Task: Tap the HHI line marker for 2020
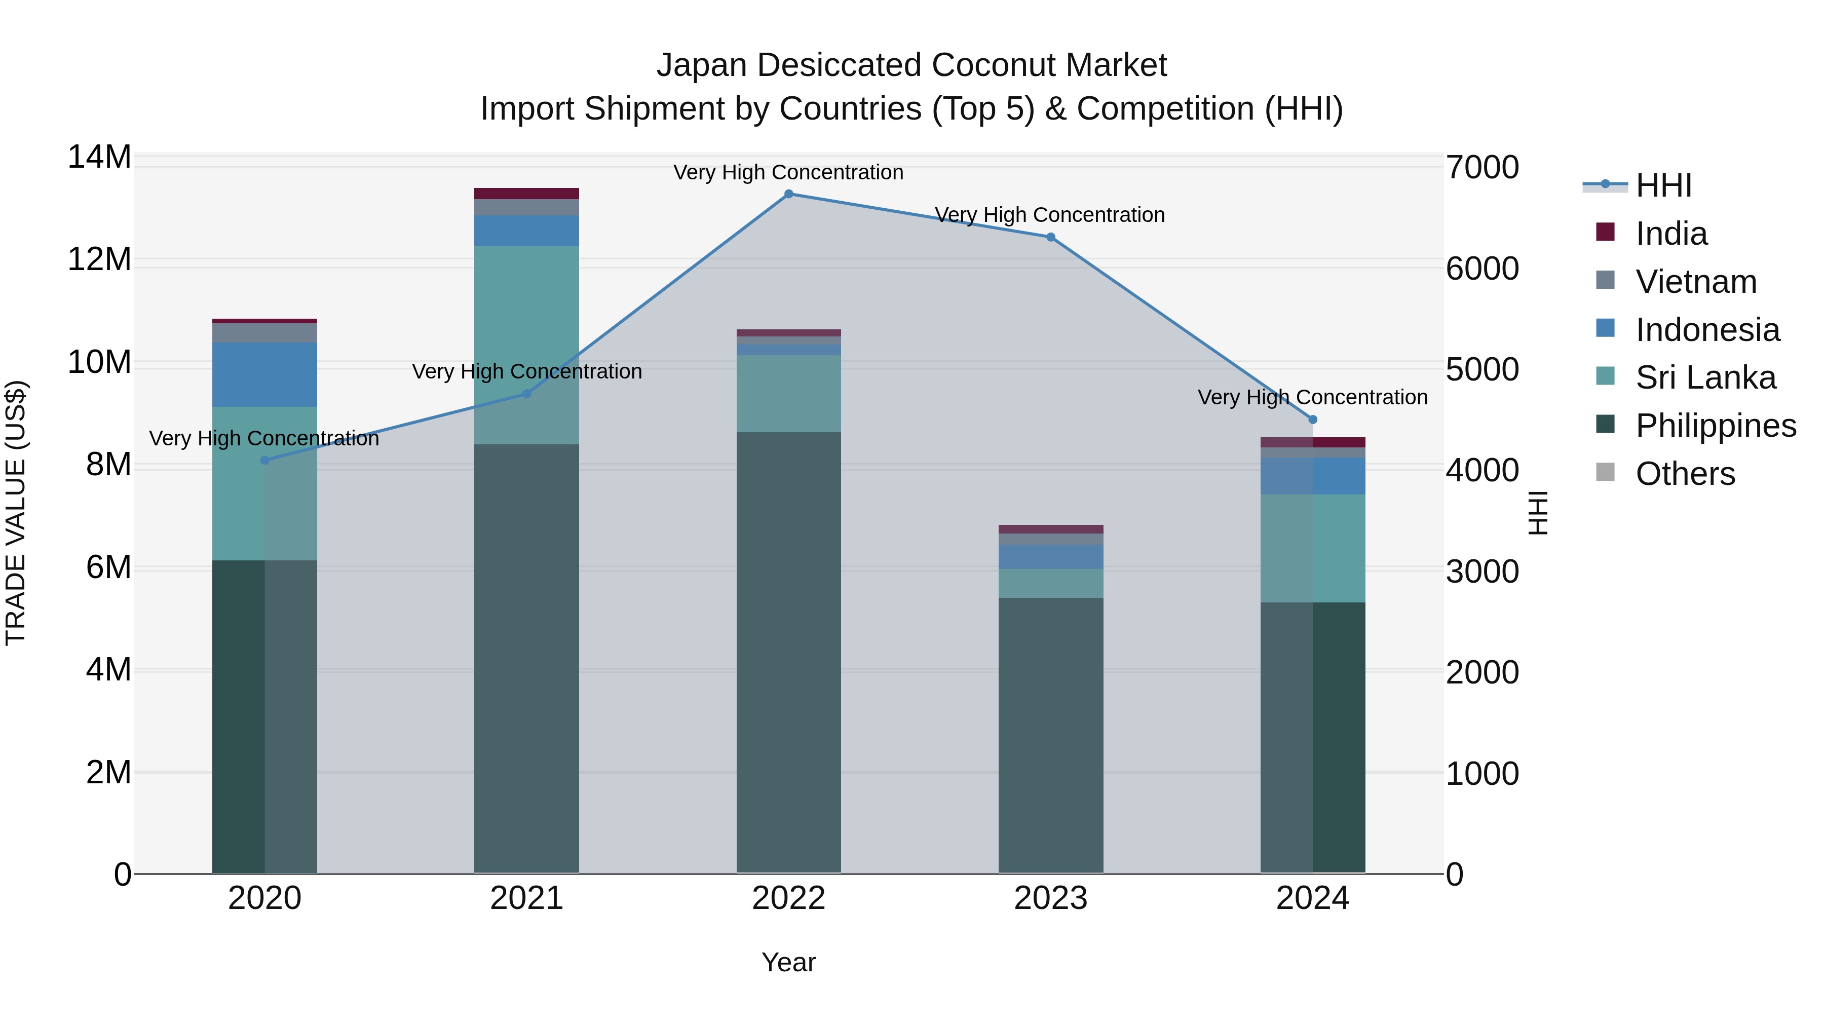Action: [x=265, y=460]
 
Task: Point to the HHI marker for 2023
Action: [x=1050, y=237]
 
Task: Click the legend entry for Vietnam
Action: [x=1695, y=282]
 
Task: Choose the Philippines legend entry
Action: [x=1715, y=426]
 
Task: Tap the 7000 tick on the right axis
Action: [x=1481, y=168]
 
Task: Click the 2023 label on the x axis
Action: [x=1050, y=898]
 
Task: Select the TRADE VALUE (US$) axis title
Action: [x=16, y=513]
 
